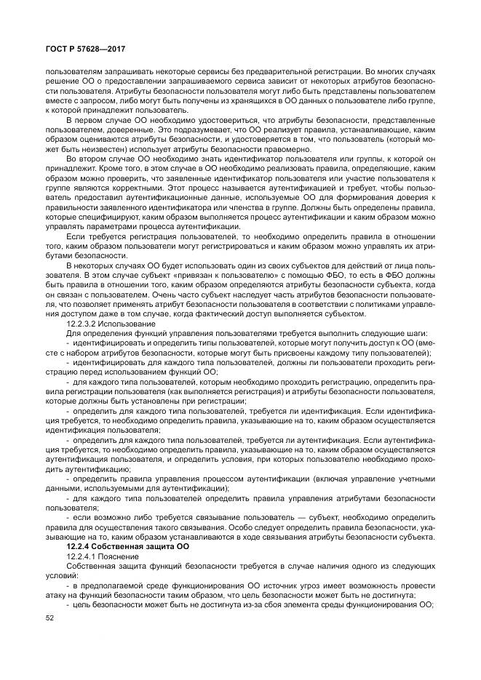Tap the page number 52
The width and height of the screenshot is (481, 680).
click(50, 617)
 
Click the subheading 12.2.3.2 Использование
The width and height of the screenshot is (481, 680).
click(110, 323)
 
